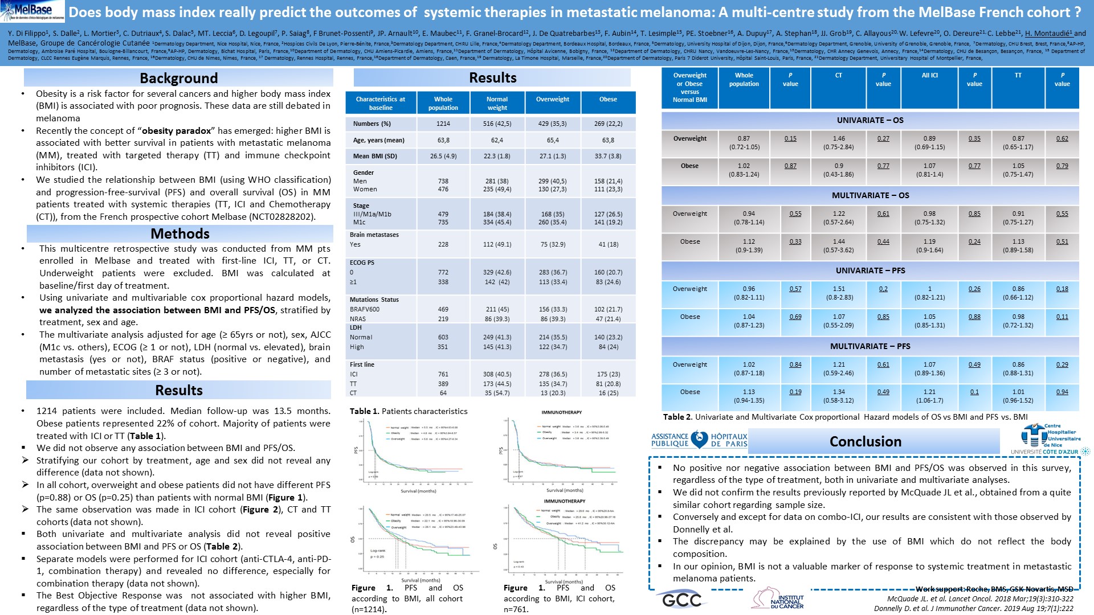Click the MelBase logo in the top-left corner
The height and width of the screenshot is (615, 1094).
point(32,11)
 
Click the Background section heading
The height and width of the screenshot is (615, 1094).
point(179,78)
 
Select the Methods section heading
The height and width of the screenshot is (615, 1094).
point(180,233)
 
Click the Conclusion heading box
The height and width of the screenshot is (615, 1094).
point(865,441)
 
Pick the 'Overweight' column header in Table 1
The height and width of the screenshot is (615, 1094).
point(552,99)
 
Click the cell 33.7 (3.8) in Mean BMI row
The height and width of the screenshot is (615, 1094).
point(608,156)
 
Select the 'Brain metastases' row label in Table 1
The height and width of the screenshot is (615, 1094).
point(374,235)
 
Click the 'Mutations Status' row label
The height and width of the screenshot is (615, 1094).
point(374,300)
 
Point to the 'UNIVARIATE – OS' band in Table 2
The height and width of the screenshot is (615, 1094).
point(870,120)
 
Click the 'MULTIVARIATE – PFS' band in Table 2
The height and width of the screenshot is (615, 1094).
point(870,346)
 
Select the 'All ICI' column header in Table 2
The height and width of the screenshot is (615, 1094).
point(929,75)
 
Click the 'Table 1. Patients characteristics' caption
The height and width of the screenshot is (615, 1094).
point(409,411)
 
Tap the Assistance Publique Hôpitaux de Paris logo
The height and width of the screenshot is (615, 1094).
point(699,440)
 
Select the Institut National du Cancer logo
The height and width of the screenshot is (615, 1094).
point(778,600)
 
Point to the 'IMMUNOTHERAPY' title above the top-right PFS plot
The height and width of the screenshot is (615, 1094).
point(562,412)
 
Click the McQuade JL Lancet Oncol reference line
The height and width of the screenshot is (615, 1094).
point(980,598)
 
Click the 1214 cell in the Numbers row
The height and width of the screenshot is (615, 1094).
point(443,124)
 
